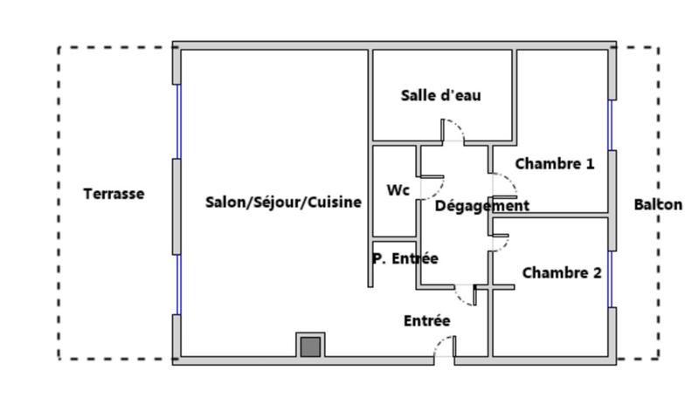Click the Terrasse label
click(x=114, y=194)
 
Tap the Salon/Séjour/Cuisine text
click(x=282, y=202)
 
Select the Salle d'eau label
click(x=440, y=95)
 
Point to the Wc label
click(x=398, y=190)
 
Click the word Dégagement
click(x=481, y=207)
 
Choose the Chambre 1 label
click(x=554, y=163)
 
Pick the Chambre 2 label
click(x=561, y=273)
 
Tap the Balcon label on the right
click(x=658, y=205)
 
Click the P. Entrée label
click(x=405, y=258)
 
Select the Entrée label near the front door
click(x=426, y=321)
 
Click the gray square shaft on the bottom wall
click(x=309, y=347)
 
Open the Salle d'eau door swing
click(x=453, y=133)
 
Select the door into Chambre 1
click(x=504, y=185)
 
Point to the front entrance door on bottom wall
click(x=444, y=348)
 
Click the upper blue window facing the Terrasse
click(x=178, y=121)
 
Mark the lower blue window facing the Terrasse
click(x=178, y=285)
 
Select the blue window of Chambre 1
click(x=611, y=125)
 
